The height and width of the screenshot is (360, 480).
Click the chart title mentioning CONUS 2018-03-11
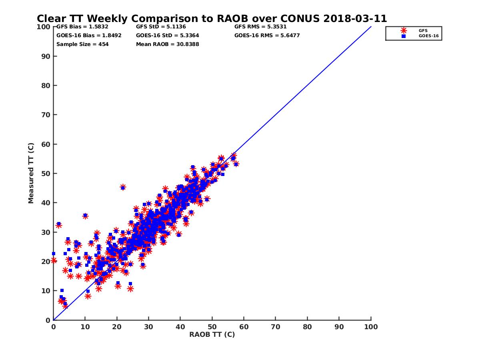coord(212,18)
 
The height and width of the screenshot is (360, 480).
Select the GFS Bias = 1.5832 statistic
coord(79,27)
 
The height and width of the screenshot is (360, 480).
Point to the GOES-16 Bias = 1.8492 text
coord(89,35)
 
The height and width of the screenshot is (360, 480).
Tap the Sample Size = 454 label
coord(82,44)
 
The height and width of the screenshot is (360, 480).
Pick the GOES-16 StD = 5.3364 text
coord(168,35)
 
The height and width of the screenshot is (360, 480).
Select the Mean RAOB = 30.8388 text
coord(168,44)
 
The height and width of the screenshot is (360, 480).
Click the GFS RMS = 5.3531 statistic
coord(260,27)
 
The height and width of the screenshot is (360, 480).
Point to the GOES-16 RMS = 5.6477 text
coord(267,35)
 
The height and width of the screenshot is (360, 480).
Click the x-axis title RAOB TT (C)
coord(212,334)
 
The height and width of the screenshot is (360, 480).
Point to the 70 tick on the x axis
coord(276,326)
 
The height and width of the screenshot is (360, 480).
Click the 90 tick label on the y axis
coord(46,56)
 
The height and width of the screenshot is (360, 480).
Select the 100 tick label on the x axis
coord(371,326)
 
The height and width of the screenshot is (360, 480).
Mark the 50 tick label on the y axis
coord(46,173)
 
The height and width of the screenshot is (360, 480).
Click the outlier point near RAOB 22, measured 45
coord(123,187)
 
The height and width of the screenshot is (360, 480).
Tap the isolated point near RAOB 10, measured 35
coord(85,216)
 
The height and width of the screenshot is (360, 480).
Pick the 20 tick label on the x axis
coord(117,326)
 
